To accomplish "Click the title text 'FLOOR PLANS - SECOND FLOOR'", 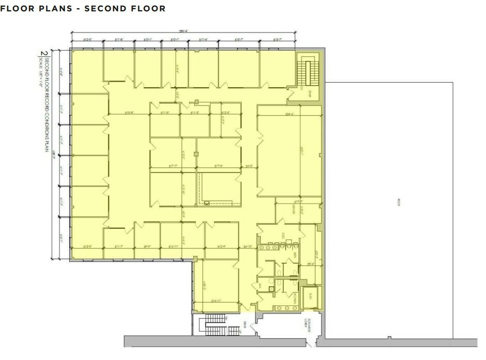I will pos(84,9).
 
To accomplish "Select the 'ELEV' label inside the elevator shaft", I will pos(310,296).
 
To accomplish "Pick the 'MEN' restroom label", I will pos(295,255).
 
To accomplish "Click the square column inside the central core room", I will pos(196,154).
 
